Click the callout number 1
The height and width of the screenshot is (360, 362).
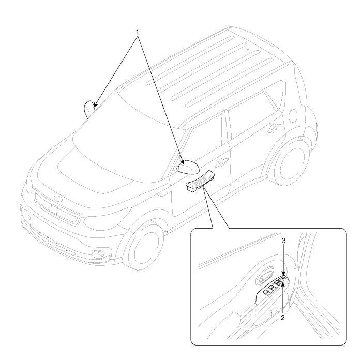click(138, 32)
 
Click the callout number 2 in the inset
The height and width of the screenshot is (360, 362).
click(283, 318)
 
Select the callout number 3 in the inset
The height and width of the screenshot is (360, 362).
click(284, 241)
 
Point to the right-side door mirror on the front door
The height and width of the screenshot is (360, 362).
click(188, 167)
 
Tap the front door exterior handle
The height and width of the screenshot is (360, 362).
click(221, 162)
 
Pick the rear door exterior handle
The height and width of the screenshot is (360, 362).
click(274, 128)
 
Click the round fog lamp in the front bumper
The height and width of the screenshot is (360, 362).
click(98, 254)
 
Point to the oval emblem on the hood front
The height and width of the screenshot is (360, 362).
click(58, 199)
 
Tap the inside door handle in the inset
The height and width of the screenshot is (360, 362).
click(265, 276)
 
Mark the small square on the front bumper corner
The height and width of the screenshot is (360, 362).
click(29, 217)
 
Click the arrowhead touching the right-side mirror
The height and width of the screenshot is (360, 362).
click(183, 162)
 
